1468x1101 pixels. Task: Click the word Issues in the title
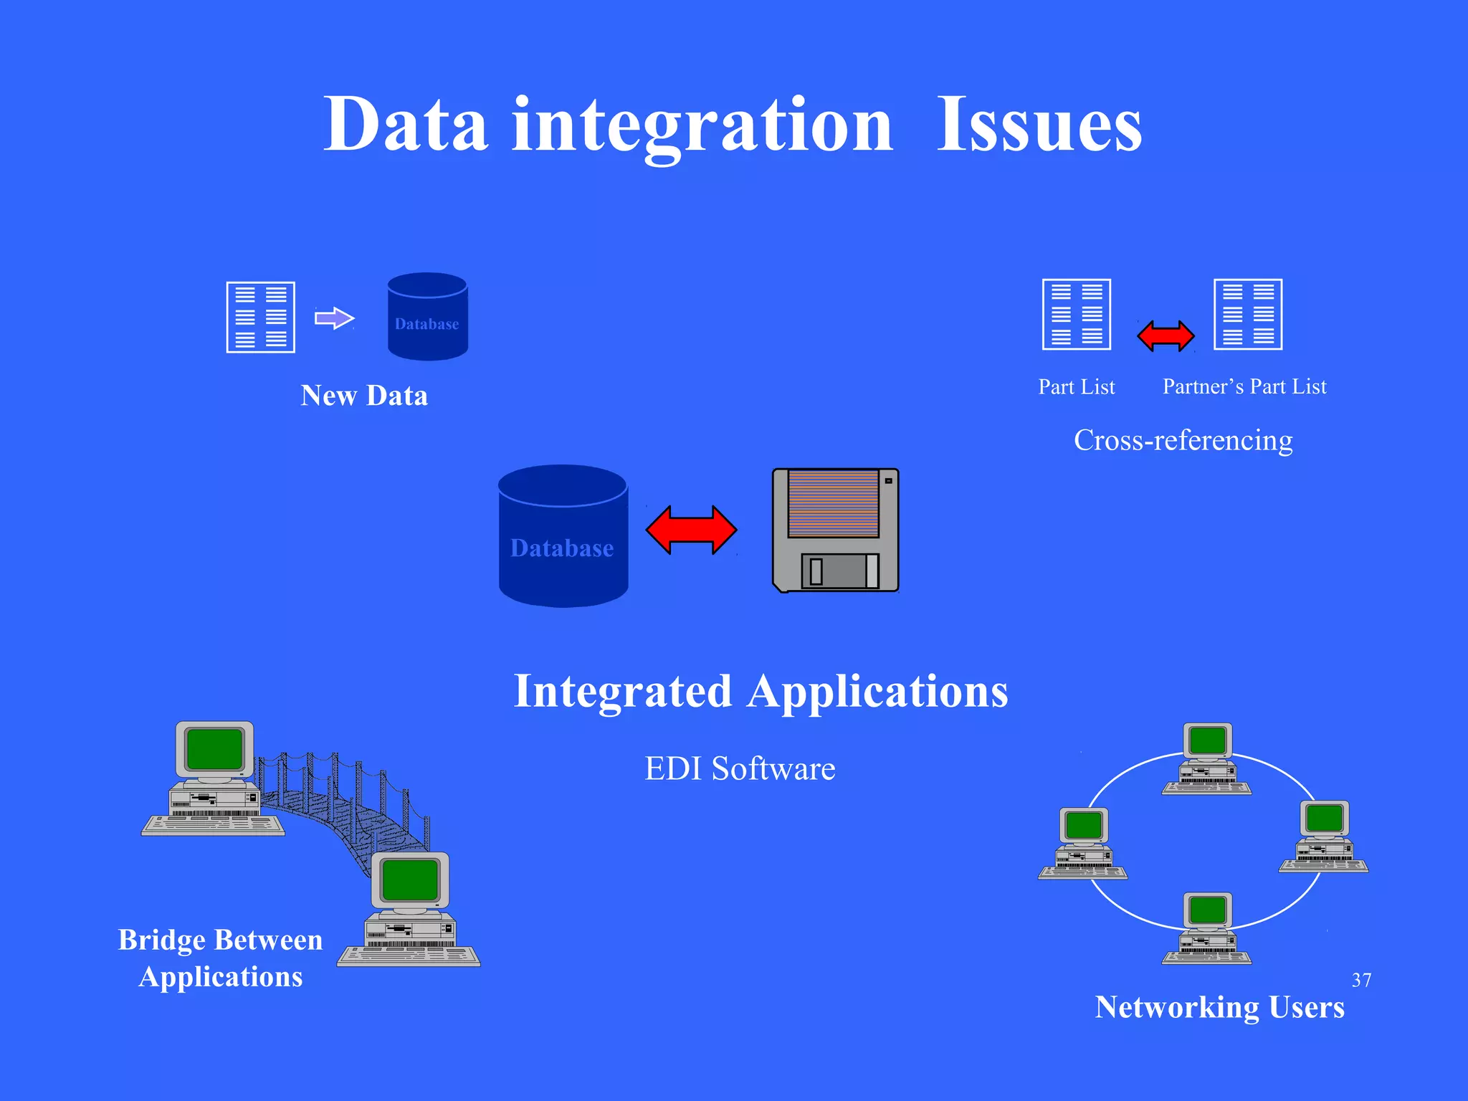(1039, 125)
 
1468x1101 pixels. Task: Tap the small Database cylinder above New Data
(427, 317)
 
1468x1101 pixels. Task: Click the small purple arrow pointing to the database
(334, 318)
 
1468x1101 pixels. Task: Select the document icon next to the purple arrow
(260, 317)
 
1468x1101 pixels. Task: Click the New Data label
(364, 396)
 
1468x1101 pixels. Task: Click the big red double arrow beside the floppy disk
(691, 530)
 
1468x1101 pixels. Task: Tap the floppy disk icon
(836, 530)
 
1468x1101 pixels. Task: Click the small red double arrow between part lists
(1166, 335)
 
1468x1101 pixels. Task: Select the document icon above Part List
(1076, 314)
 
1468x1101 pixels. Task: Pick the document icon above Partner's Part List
(1247, 314)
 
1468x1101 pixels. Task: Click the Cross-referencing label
(1183, 440)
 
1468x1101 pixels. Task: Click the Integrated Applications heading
(761, 692)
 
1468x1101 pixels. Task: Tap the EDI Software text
(740, 769)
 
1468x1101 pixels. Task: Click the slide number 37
(1361, 980)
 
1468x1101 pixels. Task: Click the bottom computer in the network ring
(1207, 928)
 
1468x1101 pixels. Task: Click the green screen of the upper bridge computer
(214, 748)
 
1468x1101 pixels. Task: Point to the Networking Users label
(1219, 1007)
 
